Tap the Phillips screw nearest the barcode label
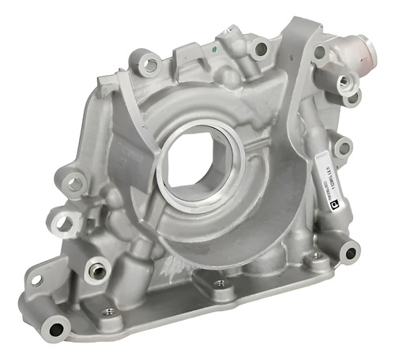317,256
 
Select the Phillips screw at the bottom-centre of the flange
218,283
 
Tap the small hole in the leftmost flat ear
36,280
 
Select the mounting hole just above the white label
341,147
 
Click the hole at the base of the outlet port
320,52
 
